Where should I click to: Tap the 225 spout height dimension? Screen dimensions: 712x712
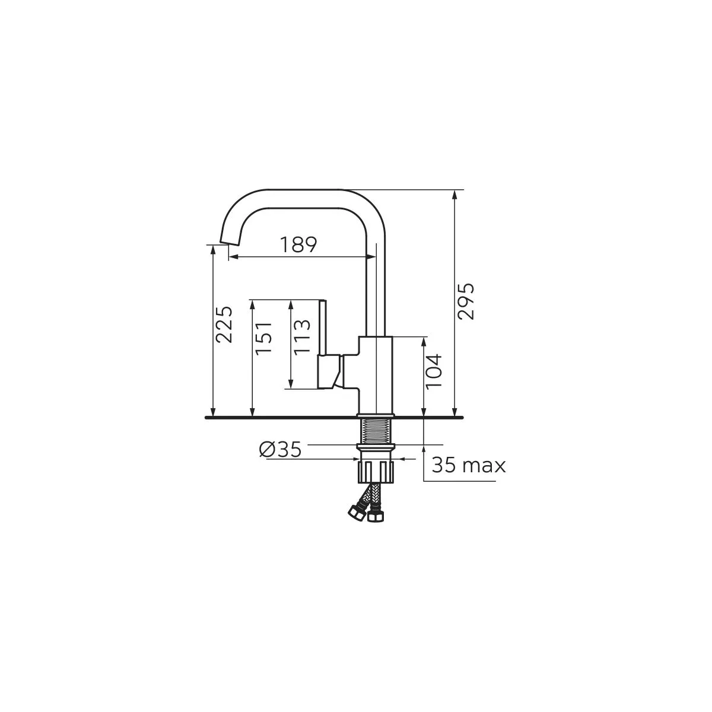224,325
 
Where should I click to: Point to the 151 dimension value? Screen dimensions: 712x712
263,338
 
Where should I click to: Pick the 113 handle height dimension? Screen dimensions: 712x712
302,336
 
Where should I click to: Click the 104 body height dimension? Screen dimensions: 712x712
435,371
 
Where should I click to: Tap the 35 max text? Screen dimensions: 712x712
468,465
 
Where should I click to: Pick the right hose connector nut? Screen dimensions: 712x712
375,516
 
